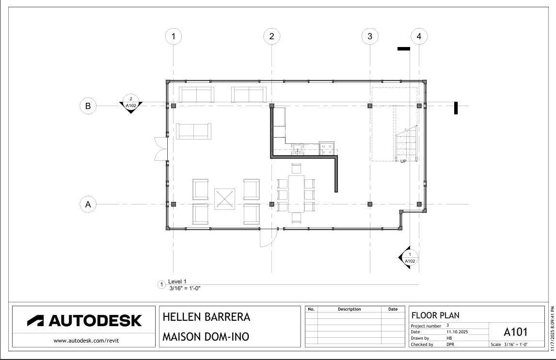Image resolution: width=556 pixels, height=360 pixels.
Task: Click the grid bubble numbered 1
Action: [174, 36]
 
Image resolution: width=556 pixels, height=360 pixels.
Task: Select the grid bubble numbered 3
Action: [370, 36]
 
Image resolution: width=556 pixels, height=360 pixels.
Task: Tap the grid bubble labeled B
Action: [88, 106]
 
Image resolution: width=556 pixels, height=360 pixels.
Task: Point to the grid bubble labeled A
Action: [88, 204]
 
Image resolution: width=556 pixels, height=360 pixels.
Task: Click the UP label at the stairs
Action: [403, 161]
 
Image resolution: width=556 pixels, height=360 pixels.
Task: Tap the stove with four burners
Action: [327, 148]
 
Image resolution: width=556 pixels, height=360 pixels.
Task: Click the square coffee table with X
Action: [224, 199]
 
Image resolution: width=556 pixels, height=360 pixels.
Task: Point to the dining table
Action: [297, 194]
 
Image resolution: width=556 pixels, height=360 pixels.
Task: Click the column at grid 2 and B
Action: [272, 106]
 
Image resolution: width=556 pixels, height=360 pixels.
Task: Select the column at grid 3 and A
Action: [370, 204]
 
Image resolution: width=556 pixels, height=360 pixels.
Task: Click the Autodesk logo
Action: [84, 320]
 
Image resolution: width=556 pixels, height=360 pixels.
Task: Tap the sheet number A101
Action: [516, 332]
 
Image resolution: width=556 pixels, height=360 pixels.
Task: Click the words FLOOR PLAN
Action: [435, 315]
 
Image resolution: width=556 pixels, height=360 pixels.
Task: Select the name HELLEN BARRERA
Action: [207, 317]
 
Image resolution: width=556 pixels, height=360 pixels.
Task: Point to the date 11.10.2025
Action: [457, 332]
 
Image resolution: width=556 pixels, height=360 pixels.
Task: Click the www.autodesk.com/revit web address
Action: [86, 341]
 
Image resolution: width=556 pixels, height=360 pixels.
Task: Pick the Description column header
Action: [349, 309]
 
